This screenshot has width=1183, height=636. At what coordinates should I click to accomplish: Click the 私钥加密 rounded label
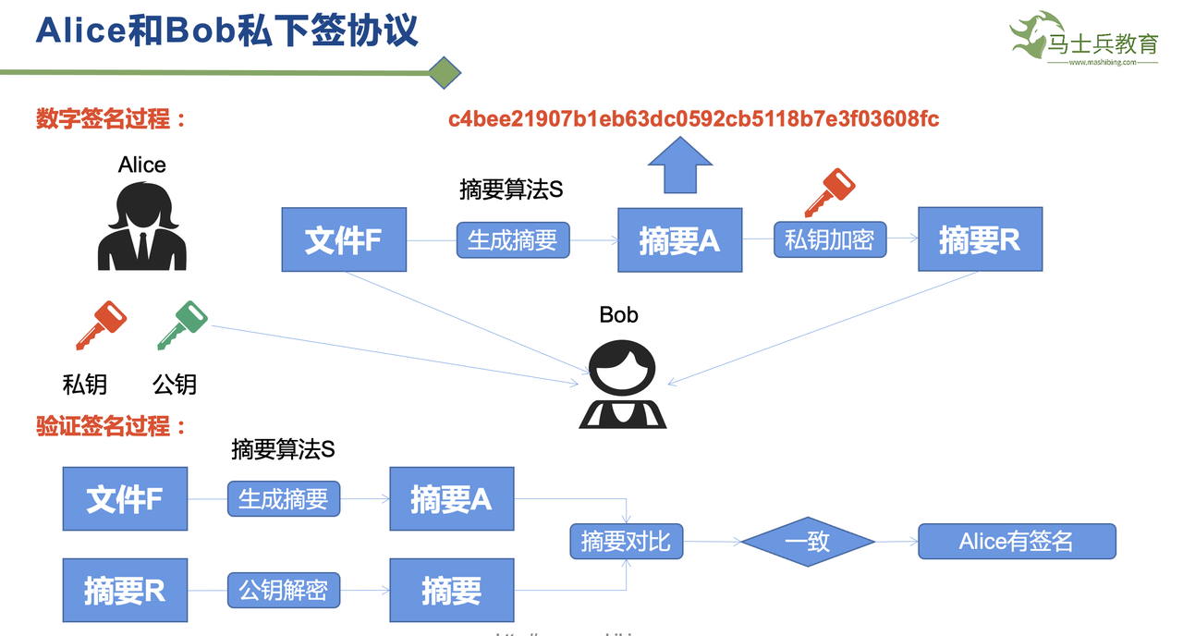[x=829, y=240]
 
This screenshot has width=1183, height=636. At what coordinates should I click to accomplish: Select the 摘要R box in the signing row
[x=980, y=239]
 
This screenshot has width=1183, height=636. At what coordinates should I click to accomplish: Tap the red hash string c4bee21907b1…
[x=693, y=119]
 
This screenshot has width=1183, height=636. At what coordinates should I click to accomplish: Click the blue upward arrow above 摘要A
[x=679, y=164]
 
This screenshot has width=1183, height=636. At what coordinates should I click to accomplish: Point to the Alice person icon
[x=142, y=226]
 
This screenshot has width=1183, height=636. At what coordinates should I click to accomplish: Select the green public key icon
[x=181, y=324]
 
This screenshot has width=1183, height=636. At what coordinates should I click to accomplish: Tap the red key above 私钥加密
[x=828, y=192]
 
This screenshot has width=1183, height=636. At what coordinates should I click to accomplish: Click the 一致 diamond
[x=807, y=542]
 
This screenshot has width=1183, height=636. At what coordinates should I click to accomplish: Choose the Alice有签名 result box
[x=1017, y=542]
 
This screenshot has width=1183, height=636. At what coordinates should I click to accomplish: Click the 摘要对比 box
[x=626, y=542]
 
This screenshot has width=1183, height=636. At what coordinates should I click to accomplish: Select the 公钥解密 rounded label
[x=284, y=590]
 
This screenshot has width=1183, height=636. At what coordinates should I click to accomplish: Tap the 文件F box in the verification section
[x=125, y=499]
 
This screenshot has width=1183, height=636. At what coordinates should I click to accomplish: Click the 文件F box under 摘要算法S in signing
[x=344, y=240]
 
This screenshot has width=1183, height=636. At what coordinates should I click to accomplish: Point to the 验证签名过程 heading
[x=111, y=427]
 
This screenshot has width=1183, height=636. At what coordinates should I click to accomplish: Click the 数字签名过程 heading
[x=111, y=119]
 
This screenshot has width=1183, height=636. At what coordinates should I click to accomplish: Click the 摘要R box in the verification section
[x=125, y=590]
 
